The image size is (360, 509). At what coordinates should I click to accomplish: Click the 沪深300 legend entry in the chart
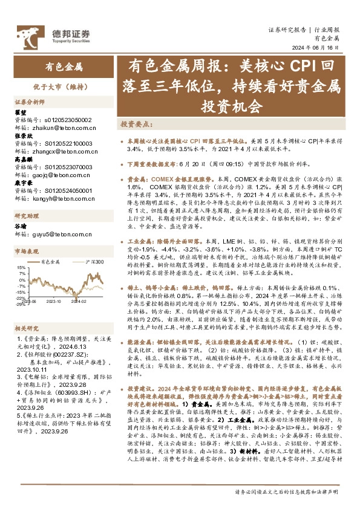click(90, 262)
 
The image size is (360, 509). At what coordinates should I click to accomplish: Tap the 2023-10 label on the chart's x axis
click(54, 300)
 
